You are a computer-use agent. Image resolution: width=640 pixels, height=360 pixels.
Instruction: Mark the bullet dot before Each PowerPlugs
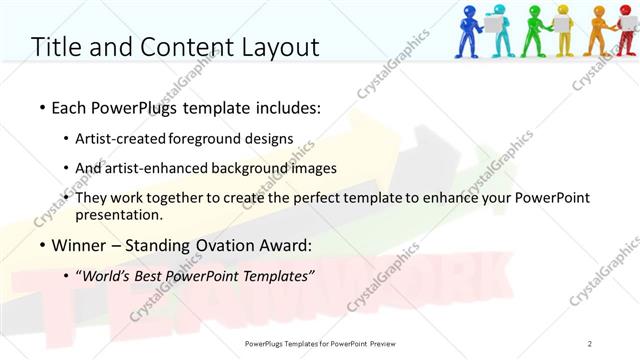click(41, 107)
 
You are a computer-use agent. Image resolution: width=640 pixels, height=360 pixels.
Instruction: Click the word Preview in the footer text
click(391, 343)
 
